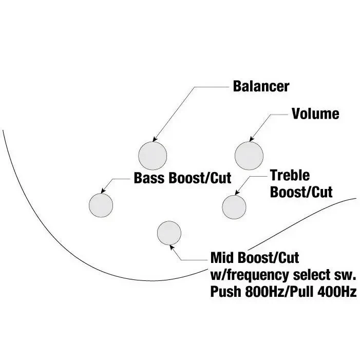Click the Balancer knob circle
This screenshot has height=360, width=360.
coord(153,154)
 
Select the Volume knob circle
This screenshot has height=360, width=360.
coord(249,154)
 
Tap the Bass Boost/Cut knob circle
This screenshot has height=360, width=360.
coord(101,205)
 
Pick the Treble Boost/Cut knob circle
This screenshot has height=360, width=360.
coord(234,206)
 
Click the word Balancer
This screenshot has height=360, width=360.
coord(261,86)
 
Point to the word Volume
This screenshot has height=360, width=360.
coord(315,113)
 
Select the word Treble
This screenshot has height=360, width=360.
coord(290,176)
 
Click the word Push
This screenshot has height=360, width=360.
coord(224,292)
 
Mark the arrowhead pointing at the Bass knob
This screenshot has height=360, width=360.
coord(104,190)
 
